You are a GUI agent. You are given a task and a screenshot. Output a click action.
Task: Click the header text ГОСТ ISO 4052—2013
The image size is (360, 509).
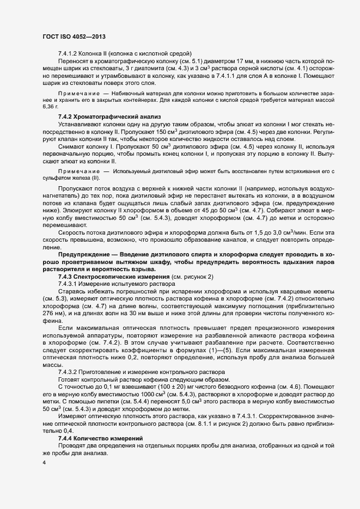click(x=74, y=36)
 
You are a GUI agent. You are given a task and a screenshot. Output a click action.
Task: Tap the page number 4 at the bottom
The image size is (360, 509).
click(x=44, y=463)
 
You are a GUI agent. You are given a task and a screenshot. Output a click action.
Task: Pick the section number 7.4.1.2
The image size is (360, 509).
click(x=68, y=53)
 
